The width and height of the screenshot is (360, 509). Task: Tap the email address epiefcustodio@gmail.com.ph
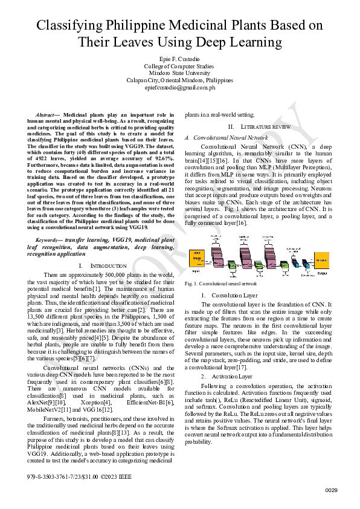(x=179, y=87)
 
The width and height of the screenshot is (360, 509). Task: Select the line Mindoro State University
(x=179, y=73)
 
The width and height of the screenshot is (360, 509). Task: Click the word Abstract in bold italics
(x=46, y=114)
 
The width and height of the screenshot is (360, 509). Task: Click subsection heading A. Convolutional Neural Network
(x=226, y=138)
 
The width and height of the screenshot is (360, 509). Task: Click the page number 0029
(x=332, y=490)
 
